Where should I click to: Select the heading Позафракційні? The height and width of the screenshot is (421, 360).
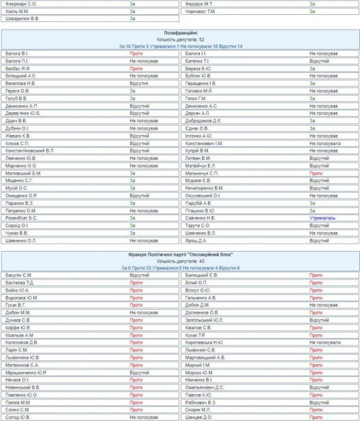click(179, 33)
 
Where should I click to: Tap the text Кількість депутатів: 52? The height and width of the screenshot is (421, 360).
click(179, 40)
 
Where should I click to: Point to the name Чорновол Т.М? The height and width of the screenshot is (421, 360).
click(200, 11)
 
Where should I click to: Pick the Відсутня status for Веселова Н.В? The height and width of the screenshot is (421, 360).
click(139, 83)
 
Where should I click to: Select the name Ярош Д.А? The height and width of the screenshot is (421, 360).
click(196, 241)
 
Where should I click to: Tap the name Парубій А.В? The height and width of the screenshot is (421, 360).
click(198, 203)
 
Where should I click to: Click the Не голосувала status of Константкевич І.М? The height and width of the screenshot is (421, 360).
click(325, 143)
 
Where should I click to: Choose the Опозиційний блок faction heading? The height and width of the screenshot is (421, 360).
click(179, 254)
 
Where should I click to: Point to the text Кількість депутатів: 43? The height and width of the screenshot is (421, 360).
click(179, 261)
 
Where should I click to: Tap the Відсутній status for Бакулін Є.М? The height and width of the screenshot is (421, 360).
click(140, 275)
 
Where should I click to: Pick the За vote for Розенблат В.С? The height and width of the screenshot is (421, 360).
click(132, 218)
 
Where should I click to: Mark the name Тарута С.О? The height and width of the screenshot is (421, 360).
click(198, 226)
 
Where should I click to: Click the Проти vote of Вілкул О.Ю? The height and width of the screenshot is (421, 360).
click(316, 290)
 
